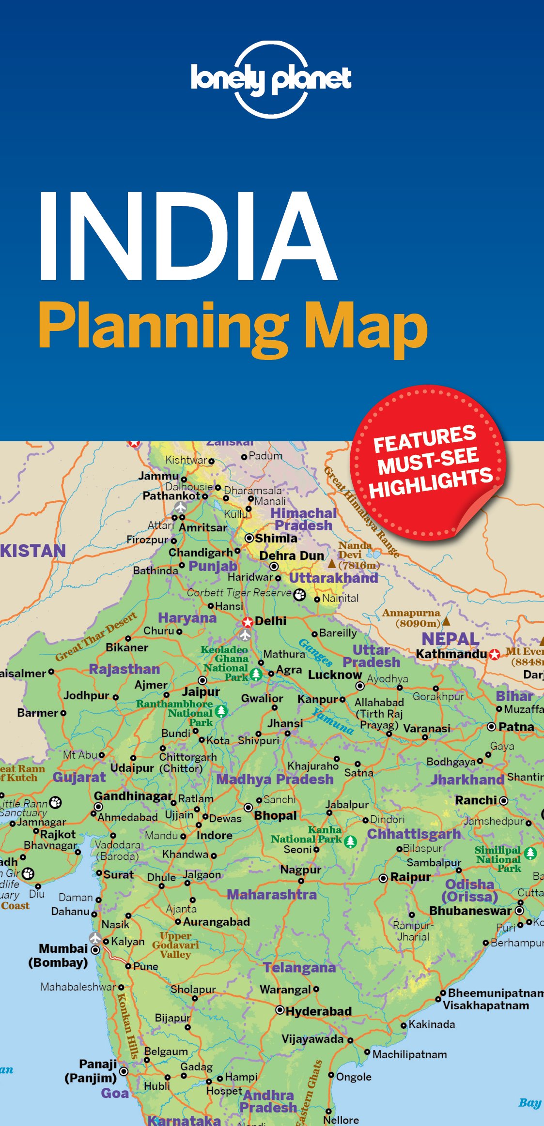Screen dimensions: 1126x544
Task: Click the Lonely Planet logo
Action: (x=271, y=79)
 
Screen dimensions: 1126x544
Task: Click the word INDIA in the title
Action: (x=187, y=237)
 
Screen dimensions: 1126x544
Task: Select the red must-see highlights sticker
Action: (x=428, y=463)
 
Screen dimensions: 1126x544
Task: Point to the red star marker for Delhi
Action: (x=248, y=622)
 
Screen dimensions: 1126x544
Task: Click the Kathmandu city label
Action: (x=451, y=654)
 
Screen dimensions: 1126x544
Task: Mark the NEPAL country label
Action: (x=450, y=639)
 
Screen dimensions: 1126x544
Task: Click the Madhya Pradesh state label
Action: (x=275, y=780)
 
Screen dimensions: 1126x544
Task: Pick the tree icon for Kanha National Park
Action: (x=350, y=841)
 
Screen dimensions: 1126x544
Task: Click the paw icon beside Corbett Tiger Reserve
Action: (x=300, y=595)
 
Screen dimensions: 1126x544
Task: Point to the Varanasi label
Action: (x=426, y=728)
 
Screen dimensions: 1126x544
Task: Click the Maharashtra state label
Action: (x=272, y=894)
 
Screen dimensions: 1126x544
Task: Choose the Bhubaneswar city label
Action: (x=470, y=911)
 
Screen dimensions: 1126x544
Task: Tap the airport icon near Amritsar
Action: (x=181, y=508)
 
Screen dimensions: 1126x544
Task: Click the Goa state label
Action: (x=115, y=1093)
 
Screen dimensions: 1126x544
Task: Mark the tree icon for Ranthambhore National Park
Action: (x=221, y=711)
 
